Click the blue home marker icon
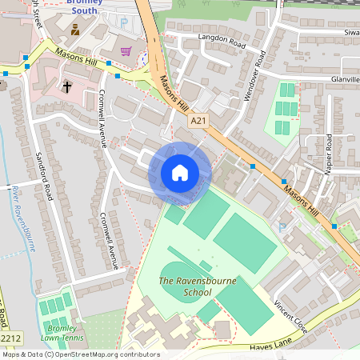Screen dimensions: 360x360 click(x=180, y=173)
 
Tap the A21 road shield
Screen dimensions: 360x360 click(x=200, y=121)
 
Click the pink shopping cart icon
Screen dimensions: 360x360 click(x=126, y=51)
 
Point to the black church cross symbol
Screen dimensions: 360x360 click(x=67, y=86)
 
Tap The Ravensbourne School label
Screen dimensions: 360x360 click(x=186, y=286)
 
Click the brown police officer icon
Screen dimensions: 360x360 click(x=75, y=30)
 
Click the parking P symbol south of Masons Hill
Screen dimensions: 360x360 click(x=281, y=227)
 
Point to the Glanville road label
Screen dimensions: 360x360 click(x=345, y=79)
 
